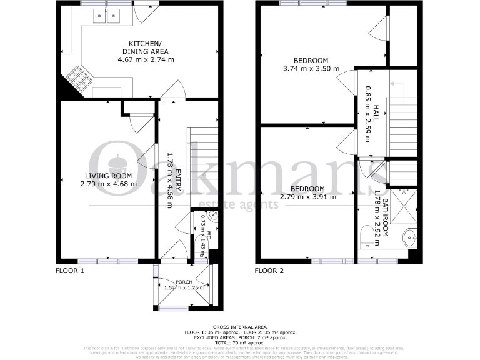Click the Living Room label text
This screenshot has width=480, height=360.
tap(109, 176)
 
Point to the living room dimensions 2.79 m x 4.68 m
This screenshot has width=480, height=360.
tap(109, 184)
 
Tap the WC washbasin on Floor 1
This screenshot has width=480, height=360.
tap(213, 217)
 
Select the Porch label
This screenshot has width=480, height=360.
tap(184, 282)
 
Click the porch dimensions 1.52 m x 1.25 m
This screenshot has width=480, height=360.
tap(184, 288)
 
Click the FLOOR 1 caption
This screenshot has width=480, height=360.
tap(69, 271)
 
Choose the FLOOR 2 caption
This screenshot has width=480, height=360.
tap(269, 271)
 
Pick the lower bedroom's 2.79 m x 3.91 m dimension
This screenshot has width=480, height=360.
tap(308, 197)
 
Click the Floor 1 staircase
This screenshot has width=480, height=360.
tap(203, 153)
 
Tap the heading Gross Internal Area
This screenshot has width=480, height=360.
tap(240, 327)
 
